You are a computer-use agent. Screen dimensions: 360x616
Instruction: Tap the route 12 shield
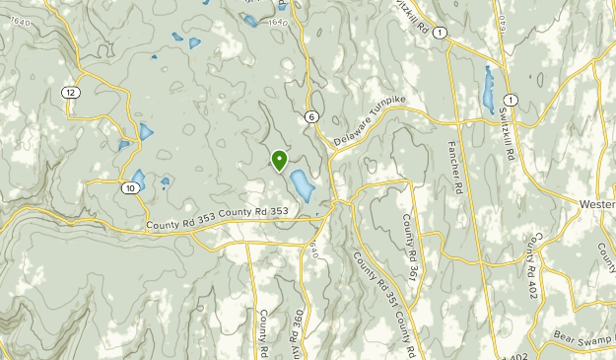69,92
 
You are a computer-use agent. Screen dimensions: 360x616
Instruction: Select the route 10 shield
131,187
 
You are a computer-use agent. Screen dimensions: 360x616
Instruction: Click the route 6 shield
311,116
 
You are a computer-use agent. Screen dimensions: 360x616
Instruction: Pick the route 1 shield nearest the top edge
439,34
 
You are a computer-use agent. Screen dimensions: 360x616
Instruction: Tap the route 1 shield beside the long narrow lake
510,100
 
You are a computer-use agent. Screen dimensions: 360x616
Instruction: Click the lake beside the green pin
301,184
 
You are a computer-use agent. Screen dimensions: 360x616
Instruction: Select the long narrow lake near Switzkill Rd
490,90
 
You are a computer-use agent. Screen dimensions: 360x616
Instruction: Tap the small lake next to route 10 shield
138,179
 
